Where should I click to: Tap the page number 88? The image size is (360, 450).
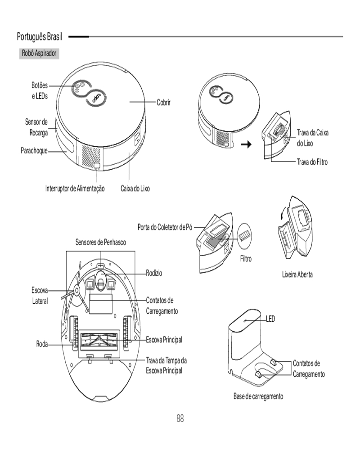(x=180, y=418)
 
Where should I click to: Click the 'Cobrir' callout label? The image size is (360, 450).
(x=163, y=103)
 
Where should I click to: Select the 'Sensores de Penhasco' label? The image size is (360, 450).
(x=100, y=243)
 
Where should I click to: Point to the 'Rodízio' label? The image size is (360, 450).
(x=154, y=273)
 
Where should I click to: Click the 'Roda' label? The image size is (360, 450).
(x=42, y=344)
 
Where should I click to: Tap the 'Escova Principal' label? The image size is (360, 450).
(x=164, y=339)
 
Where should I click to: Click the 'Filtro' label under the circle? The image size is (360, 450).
(x=246, y=259)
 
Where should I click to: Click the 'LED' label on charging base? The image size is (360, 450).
(x=270, y=318)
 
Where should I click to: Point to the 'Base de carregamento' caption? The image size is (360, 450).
(x=258, y=396)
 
